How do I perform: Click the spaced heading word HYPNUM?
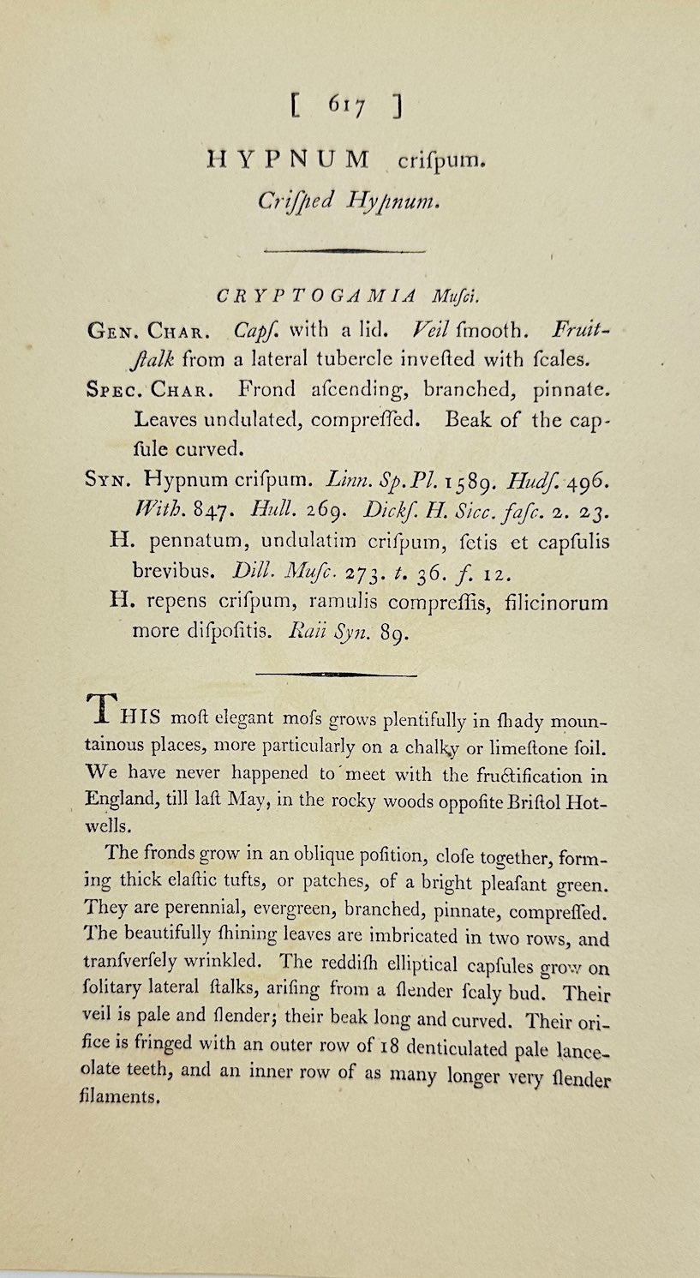tap(288, 159)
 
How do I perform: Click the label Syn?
tap(108, 478)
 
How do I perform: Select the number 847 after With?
tap(208, 511)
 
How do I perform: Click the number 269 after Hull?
tap(310, 511)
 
